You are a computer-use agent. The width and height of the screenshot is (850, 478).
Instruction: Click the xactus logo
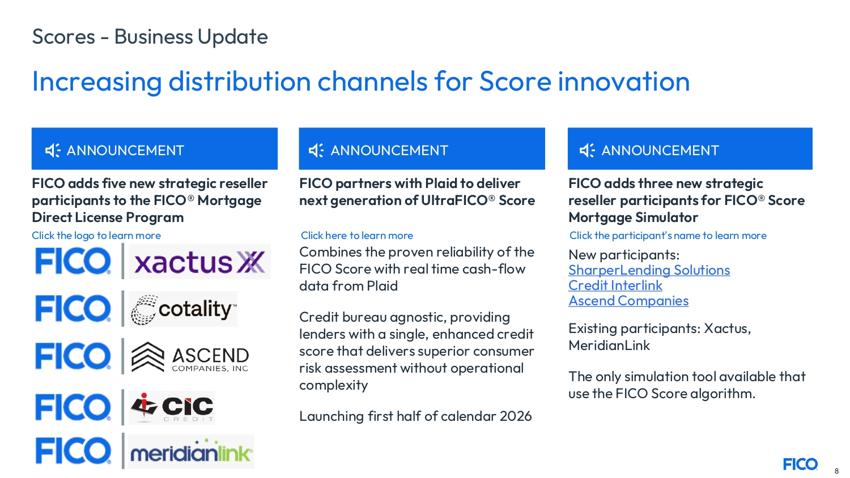click(x=199, y=262)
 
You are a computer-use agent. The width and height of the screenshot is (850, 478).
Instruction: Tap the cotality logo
click(x=183, y=309)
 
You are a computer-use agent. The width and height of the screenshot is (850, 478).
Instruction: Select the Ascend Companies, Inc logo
click(x=190, y=357)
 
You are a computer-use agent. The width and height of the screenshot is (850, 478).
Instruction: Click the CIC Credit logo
click(x=172, y=407)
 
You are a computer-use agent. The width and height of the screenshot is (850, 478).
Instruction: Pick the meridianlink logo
click(x=191, y=451)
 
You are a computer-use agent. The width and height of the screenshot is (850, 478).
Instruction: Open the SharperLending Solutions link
click(x=649, y=270)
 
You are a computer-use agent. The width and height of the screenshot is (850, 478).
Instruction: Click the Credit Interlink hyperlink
click(x=615, y=285)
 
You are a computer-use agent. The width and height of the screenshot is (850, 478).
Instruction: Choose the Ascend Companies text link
click(x=628, y=301)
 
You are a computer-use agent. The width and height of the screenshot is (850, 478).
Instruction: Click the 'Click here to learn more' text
click(x=356, y=236)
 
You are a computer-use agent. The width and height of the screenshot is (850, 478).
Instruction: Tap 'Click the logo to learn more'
click(x=96, y=236)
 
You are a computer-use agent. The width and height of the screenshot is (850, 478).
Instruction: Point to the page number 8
click(x=836, y=471)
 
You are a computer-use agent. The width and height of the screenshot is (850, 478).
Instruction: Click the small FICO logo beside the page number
click(x=800, y=464)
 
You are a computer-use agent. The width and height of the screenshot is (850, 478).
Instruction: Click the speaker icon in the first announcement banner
click(x=53, y=151)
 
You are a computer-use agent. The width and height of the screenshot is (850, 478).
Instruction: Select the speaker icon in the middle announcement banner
click(x=316, y=151)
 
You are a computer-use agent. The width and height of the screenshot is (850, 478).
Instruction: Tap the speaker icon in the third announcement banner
click(x=588, y=151)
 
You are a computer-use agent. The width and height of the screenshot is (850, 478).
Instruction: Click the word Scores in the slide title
click(x=63, y=37)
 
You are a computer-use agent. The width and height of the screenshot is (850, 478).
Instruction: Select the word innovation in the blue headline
click(x=623, y=81)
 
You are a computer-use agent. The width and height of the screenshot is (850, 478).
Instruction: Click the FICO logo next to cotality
click(x=73, y=309)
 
